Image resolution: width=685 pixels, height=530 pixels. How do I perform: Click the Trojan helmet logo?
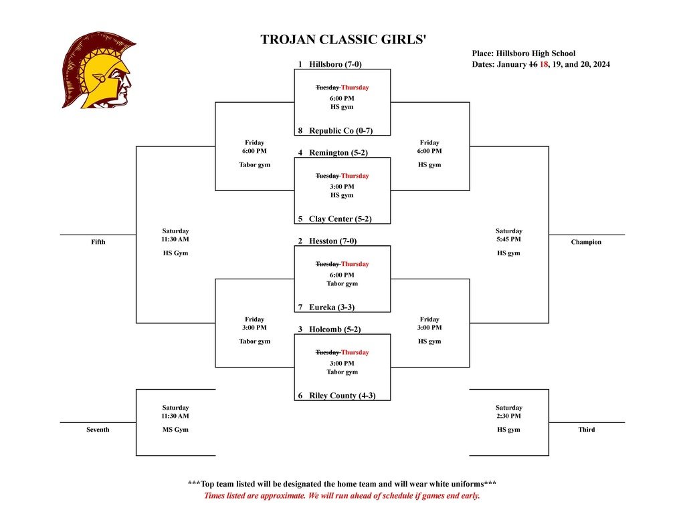(x=99, y=70)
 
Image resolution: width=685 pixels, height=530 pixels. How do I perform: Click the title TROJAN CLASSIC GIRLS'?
(x=342, y=39)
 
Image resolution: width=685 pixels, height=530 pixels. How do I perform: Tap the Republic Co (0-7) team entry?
(x=335, y=130)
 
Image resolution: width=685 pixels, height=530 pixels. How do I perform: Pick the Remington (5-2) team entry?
(x=333, y=152)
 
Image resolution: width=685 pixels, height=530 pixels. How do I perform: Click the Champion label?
(x=586, y=242)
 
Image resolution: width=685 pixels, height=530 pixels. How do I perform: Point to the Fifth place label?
(x=98, y=242)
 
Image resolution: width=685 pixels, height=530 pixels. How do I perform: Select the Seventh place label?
(x=98, y=430)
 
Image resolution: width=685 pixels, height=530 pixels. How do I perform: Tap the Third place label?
(x=586, y=430)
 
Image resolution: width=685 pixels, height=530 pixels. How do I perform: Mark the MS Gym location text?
(x=175, y=430)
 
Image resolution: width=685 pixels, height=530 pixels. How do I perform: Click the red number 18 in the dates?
(x=544, y=64)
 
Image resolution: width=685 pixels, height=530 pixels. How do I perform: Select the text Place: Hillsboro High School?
(x=523, y=53)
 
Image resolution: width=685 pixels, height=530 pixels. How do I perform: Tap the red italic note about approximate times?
(x=342, y=496)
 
